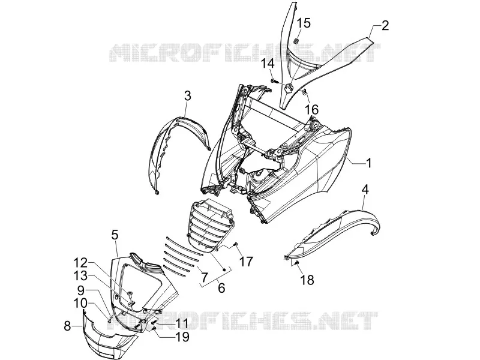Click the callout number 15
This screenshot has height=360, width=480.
point(304,23)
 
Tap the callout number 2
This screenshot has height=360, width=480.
point(385,25)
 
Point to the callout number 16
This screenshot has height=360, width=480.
point(311,109)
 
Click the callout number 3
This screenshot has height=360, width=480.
point(188,96)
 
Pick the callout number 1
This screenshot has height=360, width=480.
point(369,163)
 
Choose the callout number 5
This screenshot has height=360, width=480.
point(115,235)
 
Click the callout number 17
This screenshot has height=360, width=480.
point(246,262)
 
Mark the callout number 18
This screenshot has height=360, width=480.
point(307,280)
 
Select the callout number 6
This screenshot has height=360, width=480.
point(221,288)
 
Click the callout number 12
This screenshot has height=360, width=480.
point(80,263)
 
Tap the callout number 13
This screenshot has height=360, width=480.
point(80,276)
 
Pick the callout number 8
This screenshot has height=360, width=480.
point(67,326)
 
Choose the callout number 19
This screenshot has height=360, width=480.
point(182,337)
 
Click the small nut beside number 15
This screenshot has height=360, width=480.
point(296,41)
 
